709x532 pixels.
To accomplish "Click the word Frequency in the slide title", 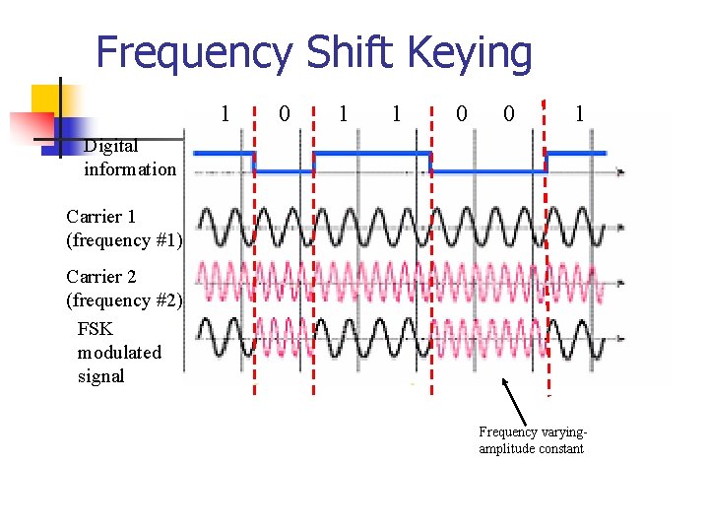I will (x=195, y=53).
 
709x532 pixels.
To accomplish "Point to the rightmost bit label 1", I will (x=580, y=113).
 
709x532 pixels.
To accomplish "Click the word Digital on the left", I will (x=111, y=146).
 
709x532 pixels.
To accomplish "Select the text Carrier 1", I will (x=100, y=216).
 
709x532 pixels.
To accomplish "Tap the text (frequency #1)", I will (x=124, y=238).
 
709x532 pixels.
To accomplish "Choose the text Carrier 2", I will (x=100, y=277).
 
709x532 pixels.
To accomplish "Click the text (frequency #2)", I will (x=124, y=299).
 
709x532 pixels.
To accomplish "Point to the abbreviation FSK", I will (x=95, y=329).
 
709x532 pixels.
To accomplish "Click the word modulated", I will (x=119, y=352).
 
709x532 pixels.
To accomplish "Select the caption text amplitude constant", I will (x=531, y=449).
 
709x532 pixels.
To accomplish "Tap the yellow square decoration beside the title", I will (x=47, y=100).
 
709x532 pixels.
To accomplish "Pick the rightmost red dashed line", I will (x=546, y=246).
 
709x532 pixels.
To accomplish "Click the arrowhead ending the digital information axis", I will (x=620, y=172).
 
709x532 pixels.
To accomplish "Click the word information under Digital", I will (x=130, y=168).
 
